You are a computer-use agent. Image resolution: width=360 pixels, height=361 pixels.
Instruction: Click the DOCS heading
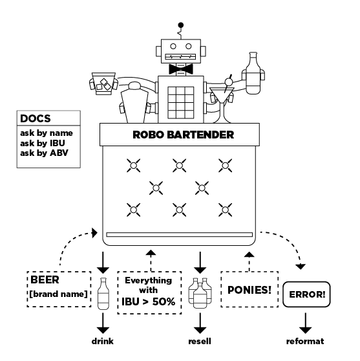click(x=35, y=118)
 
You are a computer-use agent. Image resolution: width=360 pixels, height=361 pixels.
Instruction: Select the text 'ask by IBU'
click(x=43, y=143)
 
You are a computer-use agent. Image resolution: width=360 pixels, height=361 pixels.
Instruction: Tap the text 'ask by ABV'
click(x=44, y=153)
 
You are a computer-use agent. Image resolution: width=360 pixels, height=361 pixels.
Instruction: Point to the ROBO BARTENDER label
click(x=183, y=135)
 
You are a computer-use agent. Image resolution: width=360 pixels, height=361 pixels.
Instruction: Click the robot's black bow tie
click(x=181, y=69)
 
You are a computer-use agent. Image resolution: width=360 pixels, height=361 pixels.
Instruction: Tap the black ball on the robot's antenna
click(x=181, y=25)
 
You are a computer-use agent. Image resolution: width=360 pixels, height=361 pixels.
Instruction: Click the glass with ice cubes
click(x=103, y=84)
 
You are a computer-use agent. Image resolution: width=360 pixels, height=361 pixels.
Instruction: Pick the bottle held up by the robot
click(x=253, y=73)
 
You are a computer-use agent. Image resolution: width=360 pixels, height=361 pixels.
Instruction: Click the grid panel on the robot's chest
click(x=181, y=103)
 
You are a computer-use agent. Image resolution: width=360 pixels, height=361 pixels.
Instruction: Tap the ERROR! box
click(x=306, y=294)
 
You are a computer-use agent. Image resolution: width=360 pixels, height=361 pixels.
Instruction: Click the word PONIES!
click(x=249, y=290)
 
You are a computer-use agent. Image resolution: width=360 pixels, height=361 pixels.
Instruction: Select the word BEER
click(x=45, y=279)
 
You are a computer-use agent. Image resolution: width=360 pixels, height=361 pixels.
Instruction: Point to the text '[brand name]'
click(x=58, y=294)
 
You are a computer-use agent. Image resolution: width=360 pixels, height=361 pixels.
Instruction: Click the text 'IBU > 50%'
click(x=149, y=301)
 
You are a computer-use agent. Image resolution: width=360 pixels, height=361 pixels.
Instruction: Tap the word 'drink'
click(x=103, y=341)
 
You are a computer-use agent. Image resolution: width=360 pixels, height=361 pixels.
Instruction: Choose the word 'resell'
click(x=200, y=341)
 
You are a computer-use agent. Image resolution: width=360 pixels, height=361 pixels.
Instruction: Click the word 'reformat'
click(x=305, y=341)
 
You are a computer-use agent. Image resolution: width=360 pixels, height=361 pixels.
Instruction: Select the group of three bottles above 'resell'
click(x=200, y=293)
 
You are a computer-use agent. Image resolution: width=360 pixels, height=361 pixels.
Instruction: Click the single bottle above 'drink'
click(x=103, y=294)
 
